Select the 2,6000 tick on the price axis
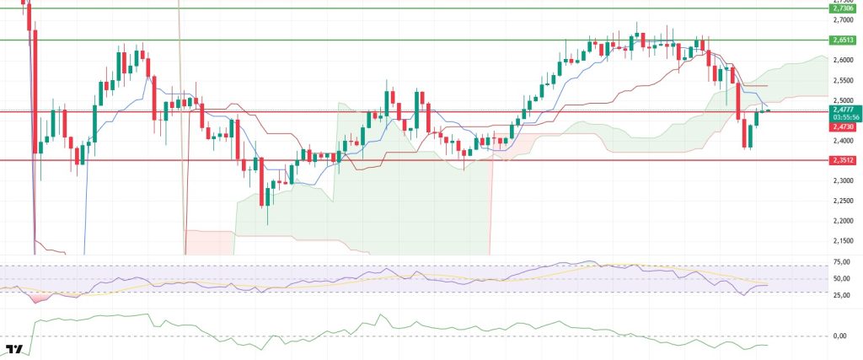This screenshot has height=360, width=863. tap(841, 60)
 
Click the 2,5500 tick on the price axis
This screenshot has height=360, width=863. tap(841, 80)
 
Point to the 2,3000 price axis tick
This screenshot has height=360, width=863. tap(841, 180)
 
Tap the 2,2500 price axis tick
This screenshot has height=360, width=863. tap(841, 201)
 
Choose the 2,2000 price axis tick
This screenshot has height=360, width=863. tap(841, 221)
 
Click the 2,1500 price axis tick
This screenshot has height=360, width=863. tap(841, 241)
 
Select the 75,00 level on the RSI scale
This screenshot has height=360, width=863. tap(839, 262)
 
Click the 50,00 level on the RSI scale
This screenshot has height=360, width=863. tap(839, 277)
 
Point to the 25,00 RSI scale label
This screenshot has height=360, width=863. tap(839, 295)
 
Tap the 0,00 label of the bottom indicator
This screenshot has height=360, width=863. tap(839, 336)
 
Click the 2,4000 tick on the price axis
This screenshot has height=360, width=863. tap(841, 141)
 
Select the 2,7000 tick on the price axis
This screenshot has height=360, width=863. tap(841, 19)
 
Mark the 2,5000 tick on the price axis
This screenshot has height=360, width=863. tap(841, 100)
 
